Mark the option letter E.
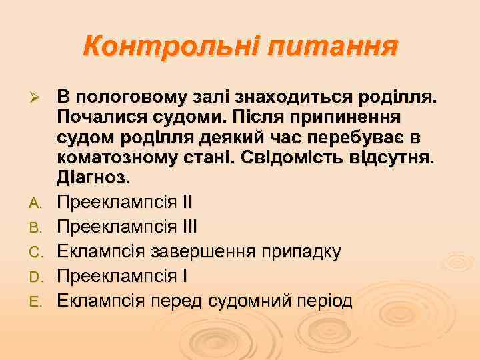tap(37, 302)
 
